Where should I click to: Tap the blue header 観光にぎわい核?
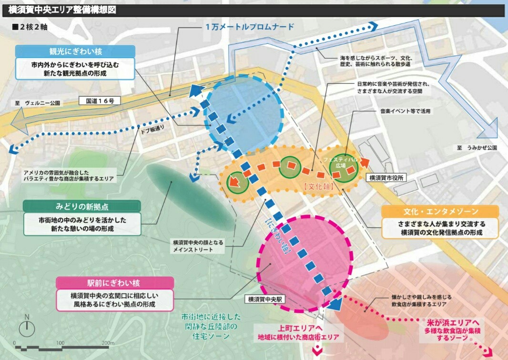pyautogui.click(x=75, y=51)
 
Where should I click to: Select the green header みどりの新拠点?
pyautogui.click(x=82, y=206)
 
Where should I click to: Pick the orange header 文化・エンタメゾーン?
pyautogui.click(x=441, y=211)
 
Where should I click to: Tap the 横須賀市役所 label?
pyautogui.click(x=386, y=178)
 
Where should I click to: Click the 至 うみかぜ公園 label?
pyautogui.click(x=477, y=148)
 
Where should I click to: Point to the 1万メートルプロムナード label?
pyautogui.click(x=250, y=27)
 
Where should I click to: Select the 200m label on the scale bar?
pyautogui.click(x=108, y=343)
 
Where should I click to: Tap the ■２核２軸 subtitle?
pyautogui.click(x=30, y=27)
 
